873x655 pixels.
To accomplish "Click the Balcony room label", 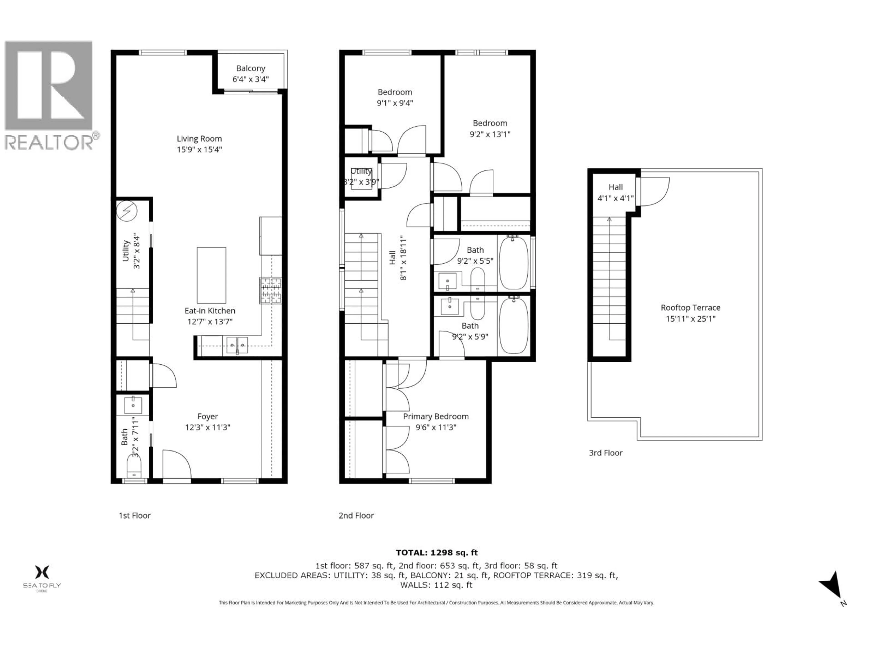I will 251,68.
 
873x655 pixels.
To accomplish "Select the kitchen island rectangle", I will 211,275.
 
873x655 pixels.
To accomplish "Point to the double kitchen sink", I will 237,345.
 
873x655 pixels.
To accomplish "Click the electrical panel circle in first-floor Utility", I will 127,211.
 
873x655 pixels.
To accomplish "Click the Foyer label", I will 208,416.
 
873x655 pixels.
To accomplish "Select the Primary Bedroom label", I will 436,416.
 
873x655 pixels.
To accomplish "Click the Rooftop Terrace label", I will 690,307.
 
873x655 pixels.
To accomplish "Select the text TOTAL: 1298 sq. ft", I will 436,553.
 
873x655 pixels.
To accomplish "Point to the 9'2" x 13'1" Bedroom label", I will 490,123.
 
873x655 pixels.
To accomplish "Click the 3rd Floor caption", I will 605,453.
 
